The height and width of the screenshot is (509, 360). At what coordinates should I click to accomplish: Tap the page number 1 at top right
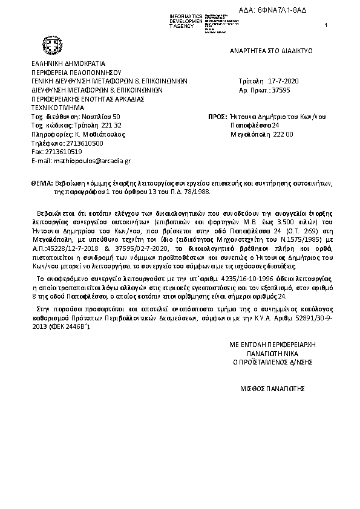[326, 25]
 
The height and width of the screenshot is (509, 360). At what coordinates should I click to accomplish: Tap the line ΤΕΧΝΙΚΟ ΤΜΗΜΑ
[57, 107]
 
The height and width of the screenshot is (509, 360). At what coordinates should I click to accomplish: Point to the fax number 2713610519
[59, 152]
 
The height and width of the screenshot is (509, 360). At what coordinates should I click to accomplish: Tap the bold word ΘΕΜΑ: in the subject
[41, 182]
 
